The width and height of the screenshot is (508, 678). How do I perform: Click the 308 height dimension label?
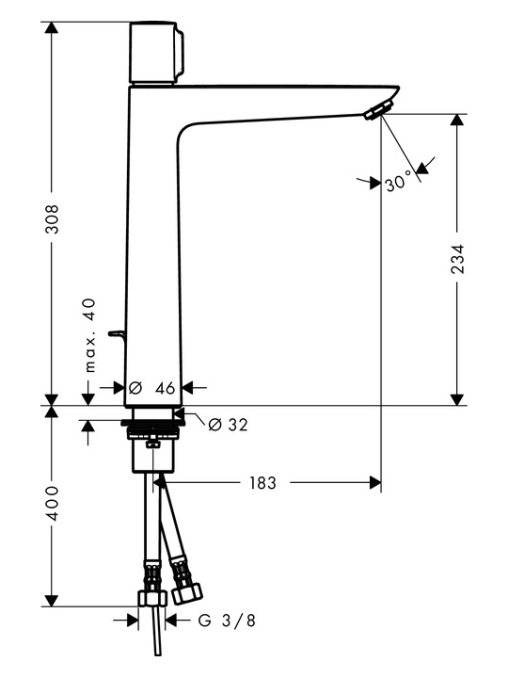pos(52,218)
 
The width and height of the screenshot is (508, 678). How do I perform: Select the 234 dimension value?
pos(457,259)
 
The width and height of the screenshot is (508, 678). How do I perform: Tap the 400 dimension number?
pos(52,503)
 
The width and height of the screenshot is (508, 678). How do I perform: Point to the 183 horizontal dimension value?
pos(262,482)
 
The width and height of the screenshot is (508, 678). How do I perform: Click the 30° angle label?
pos(398,180)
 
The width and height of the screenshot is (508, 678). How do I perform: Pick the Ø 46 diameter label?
pos(152,388)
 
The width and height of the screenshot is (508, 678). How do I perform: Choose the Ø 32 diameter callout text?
pos(228,425)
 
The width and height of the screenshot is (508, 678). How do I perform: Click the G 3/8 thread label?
pos(227,621)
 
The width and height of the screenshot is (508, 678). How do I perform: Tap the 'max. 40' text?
pos(89,335)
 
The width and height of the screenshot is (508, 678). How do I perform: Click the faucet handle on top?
pos(157,53)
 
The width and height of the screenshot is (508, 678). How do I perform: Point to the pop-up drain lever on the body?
pos(117,334)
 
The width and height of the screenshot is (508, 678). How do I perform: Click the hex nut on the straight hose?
pos(152,598)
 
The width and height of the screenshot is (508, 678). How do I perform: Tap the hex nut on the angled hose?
pos(187,592)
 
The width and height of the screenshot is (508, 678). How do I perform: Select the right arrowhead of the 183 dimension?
pos(375,482)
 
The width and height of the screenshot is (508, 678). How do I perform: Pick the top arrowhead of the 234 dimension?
pos(457,121)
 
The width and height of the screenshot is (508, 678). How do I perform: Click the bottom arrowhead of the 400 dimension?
pos(52,600)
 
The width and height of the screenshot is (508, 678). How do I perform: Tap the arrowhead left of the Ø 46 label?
pos(119,387)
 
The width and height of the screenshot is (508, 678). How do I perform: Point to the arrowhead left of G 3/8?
pos(133,621)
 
